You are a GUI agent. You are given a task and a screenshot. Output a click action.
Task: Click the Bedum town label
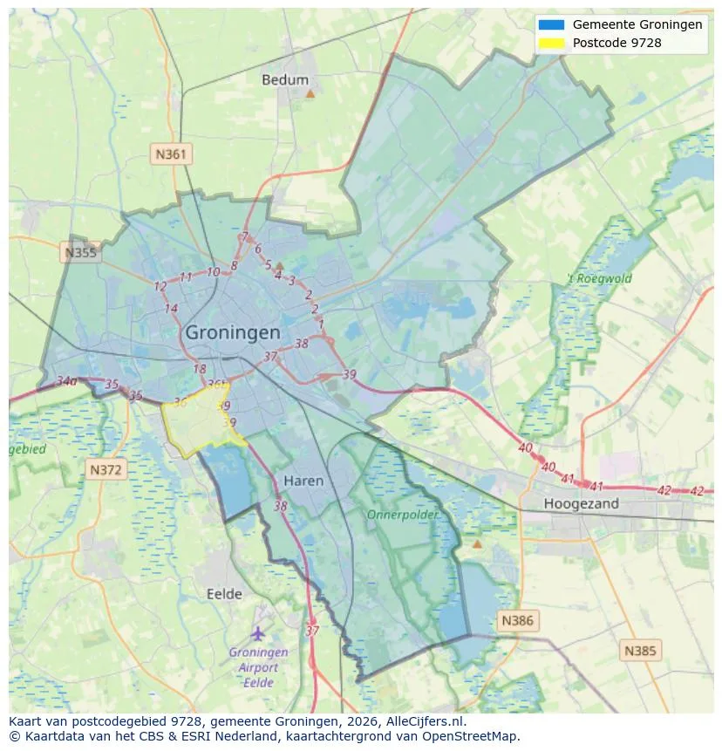(x=285, y=79)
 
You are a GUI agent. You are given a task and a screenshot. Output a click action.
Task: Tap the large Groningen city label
(x=233, y=332)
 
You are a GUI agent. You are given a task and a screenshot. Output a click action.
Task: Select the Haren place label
(x=303, y=481)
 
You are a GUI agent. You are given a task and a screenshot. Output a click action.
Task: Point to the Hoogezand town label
(x=581, y=503)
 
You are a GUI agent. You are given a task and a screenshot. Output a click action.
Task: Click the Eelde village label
(x=224, y=594)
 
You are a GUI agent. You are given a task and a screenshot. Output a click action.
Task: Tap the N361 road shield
(x=170, y=154)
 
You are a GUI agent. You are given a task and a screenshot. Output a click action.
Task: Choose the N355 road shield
(x=80, y=253)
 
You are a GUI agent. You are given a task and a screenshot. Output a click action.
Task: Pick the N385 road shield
(x=641, y=650)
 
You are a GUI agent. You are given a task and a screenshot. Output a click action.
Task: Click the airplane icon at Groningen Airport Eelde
(x=257, y=633)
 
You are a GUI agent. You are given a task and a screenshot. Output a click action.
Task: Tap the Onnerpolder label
(x=402, y=515)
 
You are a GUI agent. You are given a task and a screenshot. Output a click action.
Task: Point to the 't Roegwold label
(x=599, y=279)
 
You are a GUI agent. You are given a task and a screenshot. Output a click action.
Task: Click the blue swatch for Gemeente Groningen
(x=552, y=24)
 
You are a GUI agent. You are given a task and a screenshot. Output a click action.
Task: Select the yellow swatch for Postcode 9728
(x=552, y=42)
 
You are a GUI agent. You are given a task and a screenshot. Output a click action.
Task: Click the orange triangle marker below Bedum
(x=310, y=92)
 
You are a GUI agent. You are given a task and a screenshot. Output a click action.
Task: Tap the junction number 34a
(x=66, y=381)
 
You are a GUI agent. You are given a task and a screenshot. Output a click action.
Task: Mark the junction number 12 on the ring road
(x=160, y=286)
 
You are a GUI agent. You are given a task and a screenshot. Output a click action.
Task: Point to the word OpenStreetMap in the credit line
(x=471, y=736)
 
